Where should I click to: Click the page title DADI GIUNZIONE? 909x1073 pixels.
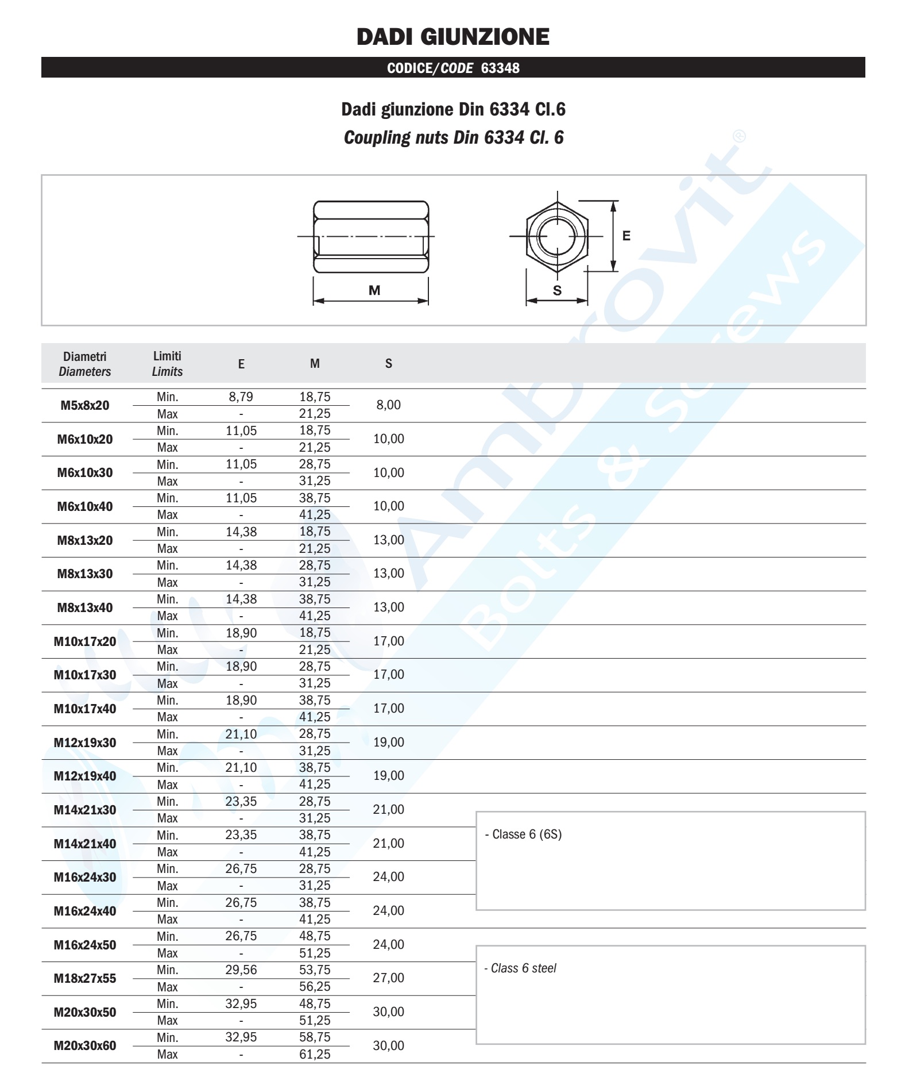[x=453, y=37]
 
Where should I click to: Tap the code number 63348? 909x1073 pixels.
[x=500, y=68]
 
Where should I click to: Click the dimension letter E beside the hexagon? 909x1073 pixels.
[x=626, y=236]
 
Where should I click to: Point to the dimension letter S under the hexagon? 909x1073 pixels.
[x=557, y=291]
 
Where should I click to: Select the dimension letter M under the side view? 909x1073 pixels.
[x=374, y=291]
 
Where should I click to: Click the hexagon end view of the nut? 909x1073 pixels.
[x=556, y=236]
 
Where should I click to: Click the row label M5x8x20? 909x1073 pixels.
[x=85, y=406]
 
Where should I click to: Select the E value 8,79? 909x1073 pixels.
[x=241, y=397]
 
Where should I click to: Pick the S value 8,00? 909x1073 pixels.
[x=389, y=405]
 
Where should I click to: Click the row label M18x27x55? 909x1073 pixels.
[x=85, y=978]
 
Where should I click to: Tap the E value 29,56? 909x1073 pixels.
[x=241, y=970]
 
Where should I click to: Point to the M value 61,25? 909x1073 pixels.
[x=315, y=1054]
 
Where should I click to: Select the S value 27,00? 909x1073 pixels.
[x=389, y=978]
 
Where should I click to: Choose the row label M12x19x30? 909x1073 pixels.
[x=85, y=743]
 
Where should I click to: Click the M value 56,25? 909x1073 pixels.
[x=315, y=987]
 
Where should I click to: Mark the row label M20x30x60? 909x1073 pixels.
[x=85, y=1046]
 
